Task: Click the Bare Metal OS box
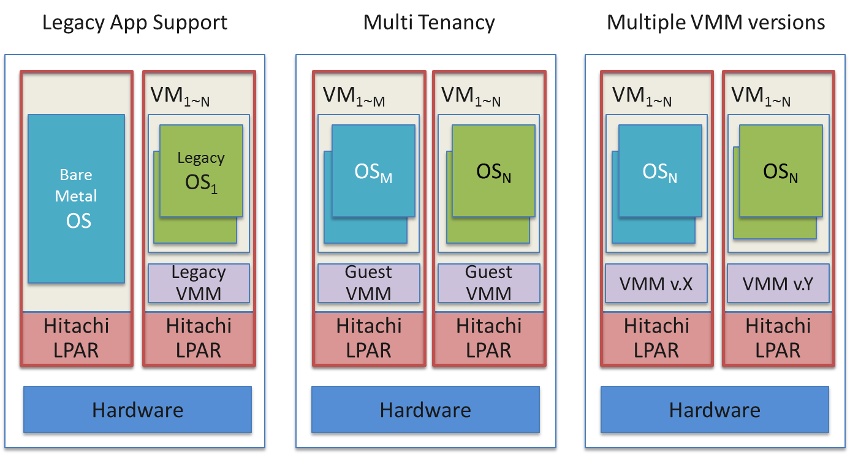point(77,198)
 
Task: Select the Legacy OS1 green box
point(201,171)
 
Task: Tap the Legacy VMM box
point(199,283)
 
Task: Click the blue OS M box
point(373,171)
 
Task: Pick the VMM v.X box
point(656,284)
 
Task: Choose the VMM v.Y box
point(778,284)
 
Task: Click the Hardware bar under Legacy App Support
point(137,409)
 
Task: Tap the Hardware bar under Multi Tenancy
point(425,409)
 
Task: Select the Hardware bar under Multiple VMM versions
point(715,409)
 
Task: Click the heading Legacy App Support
point(135,23)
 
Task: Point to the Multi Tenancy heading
point(429,23)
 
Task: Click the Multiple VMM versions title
point(716,23)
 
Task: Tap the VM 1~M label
point(354,97)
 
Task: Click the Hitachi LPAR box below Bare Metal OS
point(77,339)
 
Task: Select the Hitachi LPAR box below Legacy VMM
point(199,339)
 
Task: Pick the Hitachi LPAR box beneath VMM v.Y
point(778,339)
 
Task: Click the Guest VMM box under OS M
point(368,283)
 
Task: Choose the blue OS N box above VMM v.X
point(660,171)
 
